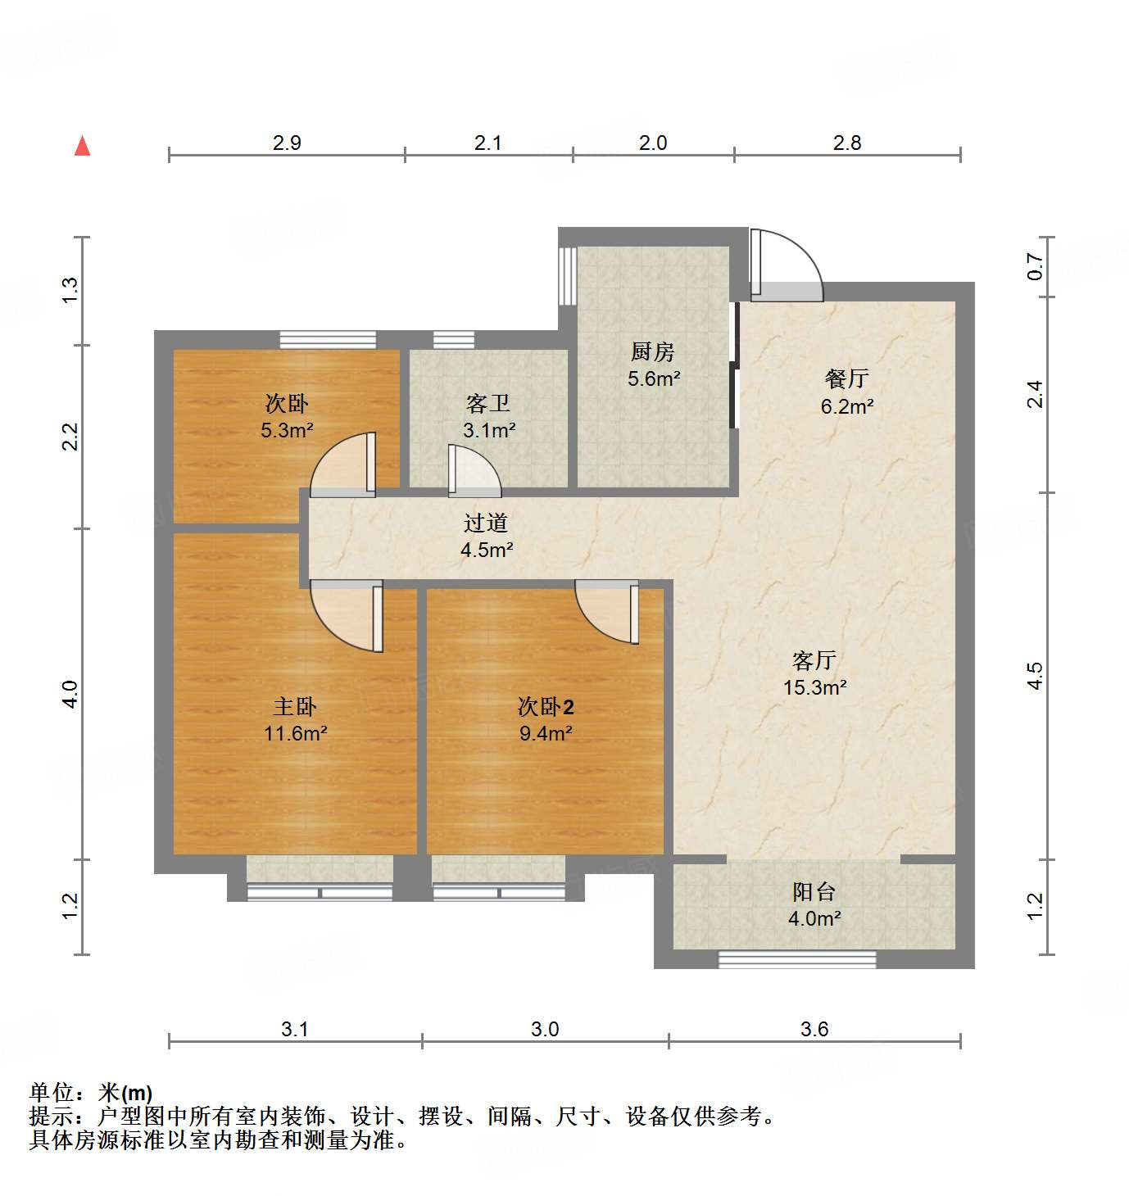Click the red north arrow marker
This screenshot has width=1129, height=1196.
click(x=82, y=146)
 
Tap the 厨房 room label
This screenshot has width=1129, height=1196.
click(x=653, y=351)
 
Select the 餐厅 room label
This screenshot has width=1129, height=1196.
click(x=846, y=378)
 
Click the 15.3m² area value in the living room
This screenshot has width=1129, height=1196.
click(x=814, y=687)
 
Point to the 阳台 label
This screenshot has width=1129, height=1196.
click(x=814, y=891)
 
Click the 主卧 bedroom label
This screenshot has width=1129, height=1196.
click(x=294, y=706)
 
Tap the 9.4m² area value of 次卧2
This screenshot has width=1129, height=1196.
click(x=546, y=733)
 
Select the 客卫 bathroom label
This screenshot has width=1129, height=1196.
click(x=488, y=403)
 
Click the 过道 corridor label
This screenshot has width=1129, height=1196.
click(x=486, y=523)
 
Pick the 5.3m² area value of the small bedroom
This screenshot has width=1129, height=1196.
click(x=287, y=430)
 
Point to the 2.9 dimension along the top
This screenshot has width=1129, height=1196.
click(x=287, y=143)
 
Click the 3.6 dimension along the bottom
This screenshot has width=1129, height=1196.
click(x=814, y=1029)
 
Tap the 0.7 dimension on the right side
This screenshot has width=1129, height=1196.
click(x=1036, y=266)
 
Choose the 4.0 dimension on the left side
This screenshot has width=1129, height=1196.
click(x=70, y=694)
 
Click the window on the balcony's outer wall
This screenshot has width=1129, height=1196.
click(x=797, y=959)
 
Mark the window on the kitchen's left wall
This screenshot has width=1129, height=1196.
click(x=567, y=275)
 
